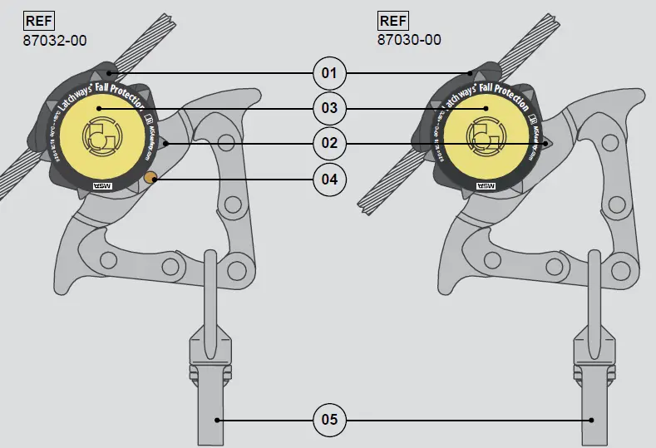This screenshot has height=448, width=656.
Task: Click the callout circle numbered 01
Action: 329,73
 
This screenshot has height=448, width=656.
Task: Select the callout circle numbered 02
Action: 329,143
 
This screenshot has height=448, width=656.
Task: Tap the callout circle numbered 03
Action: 329,108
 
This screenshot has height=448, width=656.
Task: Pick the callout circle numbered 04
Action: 329,179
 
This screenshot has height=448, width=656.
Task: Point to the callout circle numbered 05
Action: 329,420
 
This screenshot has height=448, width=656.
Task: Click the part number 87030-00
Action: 409,39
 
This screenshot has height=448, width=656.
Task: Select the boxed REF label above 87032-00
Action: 38,21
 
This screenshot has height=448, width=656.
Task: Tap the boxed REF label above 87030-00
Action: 394,21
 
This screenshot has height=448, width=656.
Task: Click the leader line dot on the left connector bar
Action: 217,420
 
